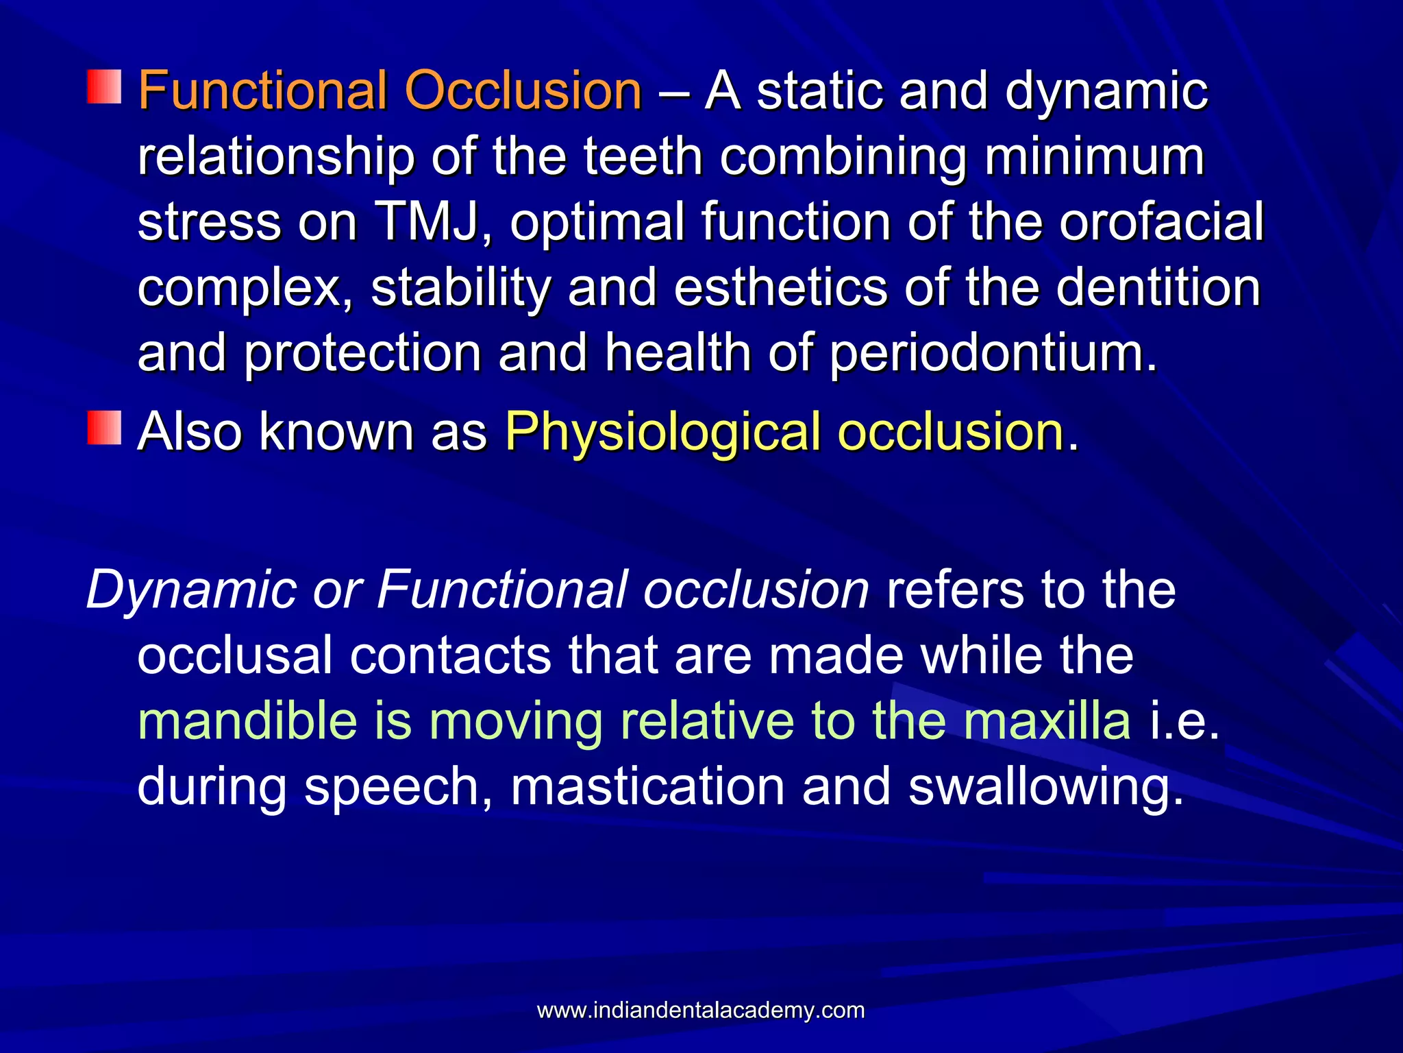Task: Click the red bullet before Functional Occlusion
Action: coord(104,86)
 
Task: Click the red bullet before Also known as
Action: coord(104,428)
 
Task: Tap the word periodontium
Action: coord(993,354)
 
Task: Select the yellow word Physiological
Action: coord(662,432)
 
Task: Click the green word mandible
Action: coord(247,721)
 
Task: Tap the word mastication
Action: coord(647,787)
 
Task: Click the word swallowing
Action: coord(1045,787)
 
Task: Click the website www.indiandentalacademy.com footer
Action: coord(701,1010)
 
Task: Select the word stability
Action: coord(460,288)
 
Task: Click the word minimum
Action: coord(1094,156)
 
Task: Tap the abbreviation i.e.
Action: coord(1184,721)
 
